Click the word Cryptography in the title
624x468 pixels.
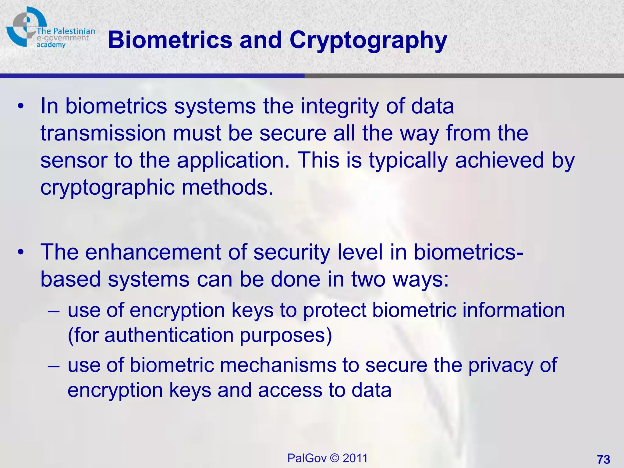point(368,41)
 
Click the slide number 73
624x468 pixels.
point(603,459)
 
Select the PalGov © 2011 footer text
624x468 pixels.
point(328,458)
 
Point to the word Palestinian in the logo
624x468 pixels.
point(74,31)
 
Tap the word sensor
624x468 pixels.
point(73,161)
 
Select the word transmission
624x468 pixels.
point(103,133)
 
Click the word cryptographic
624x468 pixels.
point(107,188)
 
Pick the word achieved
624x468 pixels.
point(499,161)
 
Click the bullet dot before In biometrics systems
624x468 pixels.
point(20,106)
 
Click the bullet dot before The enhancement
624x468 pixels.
point(20,252)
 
